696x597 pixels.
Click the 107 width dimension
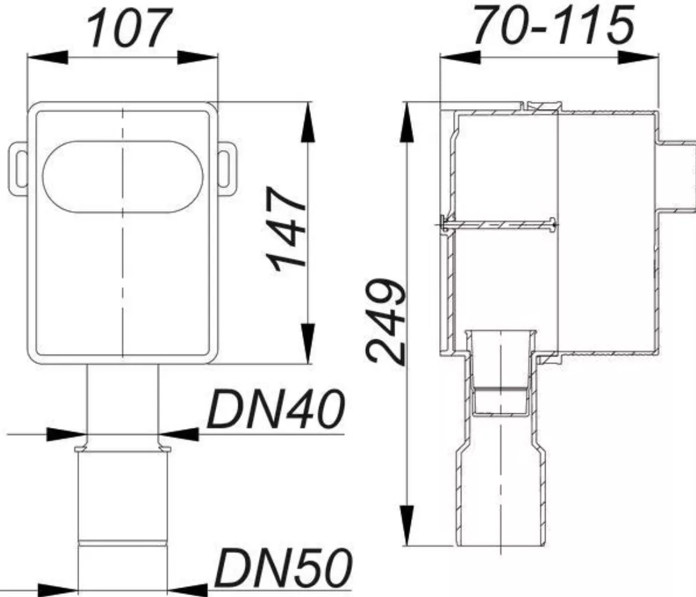pos(126,28)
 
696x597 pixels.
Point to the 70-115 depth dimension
pos(553,26)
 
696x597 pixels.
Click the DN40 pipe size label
pos(275,409)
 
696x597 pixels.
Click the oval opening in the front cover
pos(122,177)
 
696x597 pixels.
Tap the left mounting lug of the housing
pos(18,169)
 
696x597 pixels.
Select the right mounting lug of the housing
pos(227,169)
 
